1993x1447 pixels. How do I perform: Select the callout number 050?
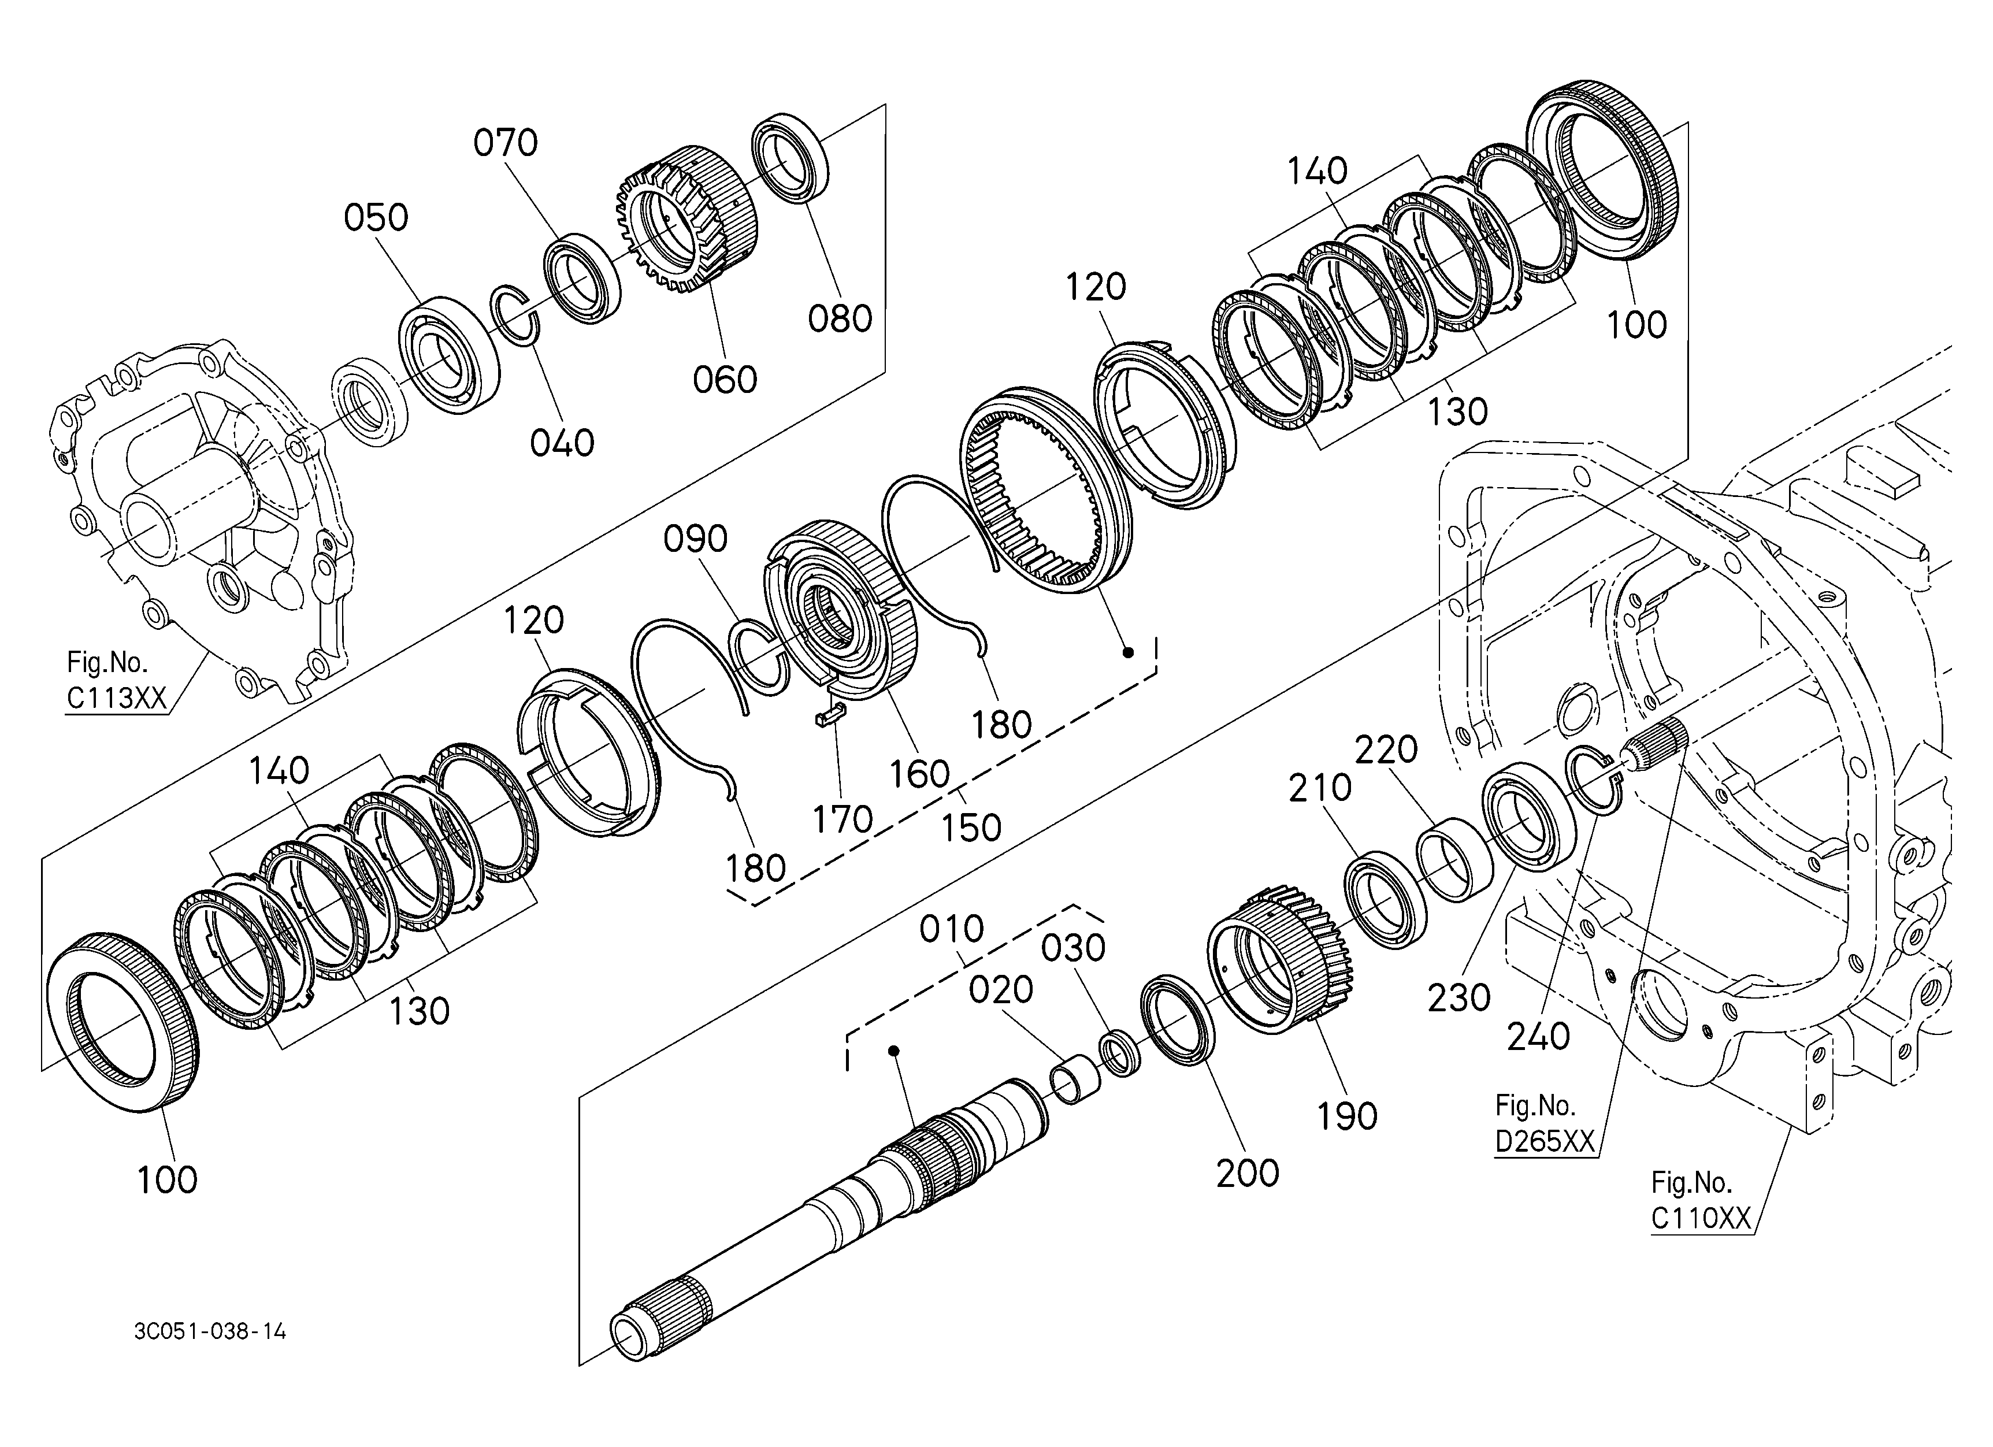click(376, 217)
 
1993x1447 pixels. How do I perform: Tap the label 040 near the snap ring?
click(562, 443)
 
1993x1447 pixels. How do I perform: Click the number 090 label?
click(695, 539)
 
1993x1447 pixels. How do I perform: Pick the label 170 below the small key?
click(842, 819)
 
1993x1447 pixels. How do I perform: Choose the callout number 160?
click(919, 774)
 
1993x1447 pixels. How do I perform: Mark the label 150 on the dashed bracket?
click(970, 828)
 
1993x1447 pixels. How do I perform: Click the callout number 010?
click(952, 929)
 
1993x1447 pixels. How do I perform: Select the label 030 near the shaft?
click(1073, 948)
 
